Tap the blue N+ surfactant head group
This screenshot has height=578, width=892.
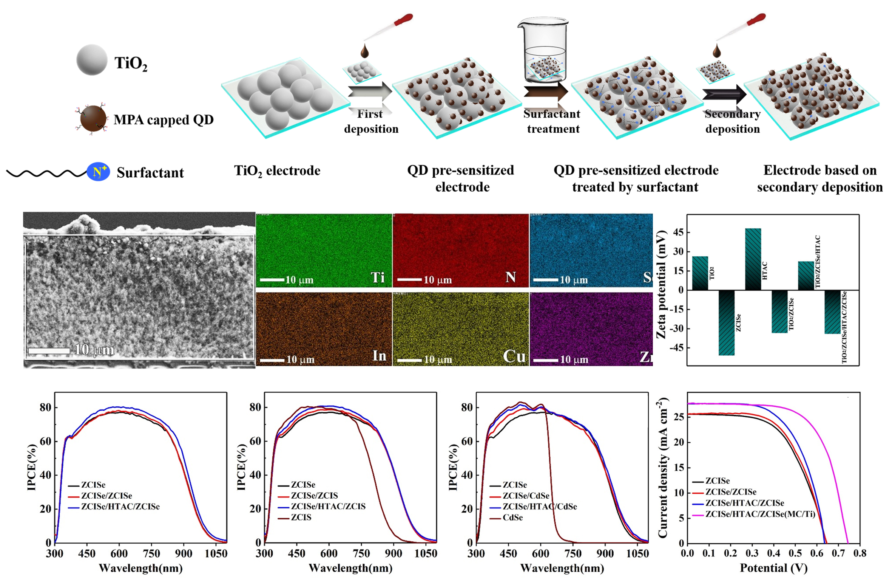click(x=98, y=172)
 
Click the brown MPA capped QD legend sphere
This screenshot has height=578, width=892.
click(x=93, y=118)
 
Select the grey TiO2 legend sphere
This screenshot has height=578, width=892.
click(x=92, y=60)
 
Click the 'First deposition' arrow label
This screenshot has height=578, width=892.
click(x=371, y=121)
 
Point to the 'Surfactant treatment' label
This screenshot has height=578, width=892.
click(x=552, y=121)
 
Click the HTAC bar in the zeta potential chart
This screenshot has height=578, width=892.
click(x=753, y=259)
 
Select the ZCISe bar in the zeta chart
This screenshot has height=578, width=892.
click(x=726, y=322)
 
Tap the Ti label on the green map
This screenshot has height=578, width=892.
click(x=377, y=278)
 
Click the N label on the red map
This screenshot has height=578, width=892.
click(x=511, y=277)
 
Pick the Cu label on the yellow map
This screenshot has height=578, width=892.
click(x=514, y=356)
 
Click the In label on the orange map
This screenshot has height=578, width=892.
click(x=379, y=356)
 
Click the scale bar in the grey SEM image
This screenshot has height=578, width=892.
click(x=49, y=351)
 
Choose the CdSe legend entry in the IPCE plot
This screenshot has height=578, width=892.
click(x=512, y=518)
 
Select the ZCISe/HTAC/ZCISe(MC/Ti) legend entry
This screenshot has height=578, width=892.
click(x=760, y=514)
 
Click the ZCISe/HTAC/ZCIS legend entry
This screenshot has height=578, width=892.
click(x=328, y=506)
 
